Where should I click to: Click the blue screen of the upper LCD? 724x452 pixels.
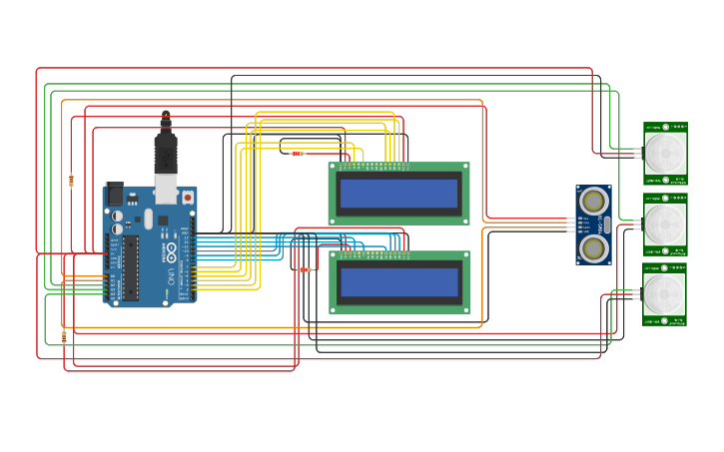tap(398, 194)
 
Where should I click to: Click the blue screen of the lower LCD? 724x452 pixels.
tap(398, 282)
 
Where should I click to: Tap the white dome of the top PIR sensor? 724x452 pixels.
tap(665, 154)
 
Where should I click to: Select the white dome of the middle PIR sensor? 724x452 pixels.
tap(665, 225)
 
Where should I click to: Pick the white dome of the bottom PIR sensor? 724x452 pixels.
tap(665, 294)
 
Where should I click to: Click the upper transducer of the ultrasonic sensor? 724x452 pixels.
tap(593, 202)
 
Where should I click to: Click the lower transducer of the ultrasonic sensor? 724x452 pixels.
tap(593, 247)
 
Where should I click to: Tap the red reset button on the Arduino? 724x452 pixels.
tap(187, 198)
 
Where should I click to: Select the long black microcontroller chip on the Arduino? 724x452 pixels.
tap(130, 267)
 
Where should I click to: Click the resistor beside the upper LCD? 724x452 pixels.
tap(297, 154)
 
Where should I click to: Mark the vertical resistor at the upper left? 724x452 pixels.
tap(71, 181)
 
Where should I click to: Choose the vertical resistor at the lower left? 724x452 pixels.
tap(65, 336)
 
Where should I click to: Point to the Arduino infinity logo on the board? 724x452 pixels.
tap(171, 249)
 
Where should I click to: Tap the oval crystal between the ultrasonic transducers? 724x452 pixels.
tap(606, 225)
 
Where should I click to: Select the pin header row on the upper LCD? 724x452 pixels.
tap(374, 165)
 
